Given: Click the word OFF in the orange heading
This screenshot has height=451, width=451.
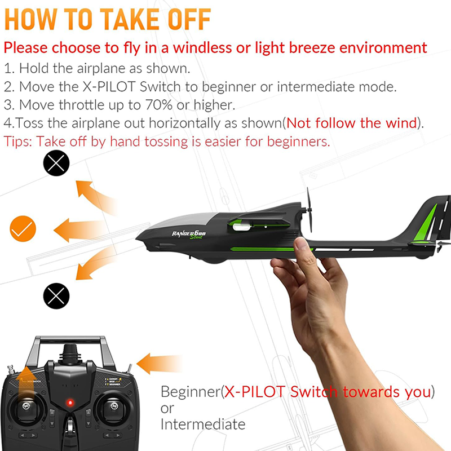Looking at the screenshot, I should point(182,20).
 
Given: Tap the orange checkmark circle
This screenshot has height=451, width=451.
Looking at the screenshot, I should point(23,228).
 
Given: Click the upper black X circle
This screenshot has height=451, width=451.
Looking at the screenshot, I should point(56,163).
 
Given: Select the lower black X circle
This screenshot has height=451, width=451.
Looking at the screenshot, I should point(56,294).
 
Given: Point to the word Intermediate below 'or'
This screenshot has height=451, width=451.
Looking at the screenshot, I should point(203,424).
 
